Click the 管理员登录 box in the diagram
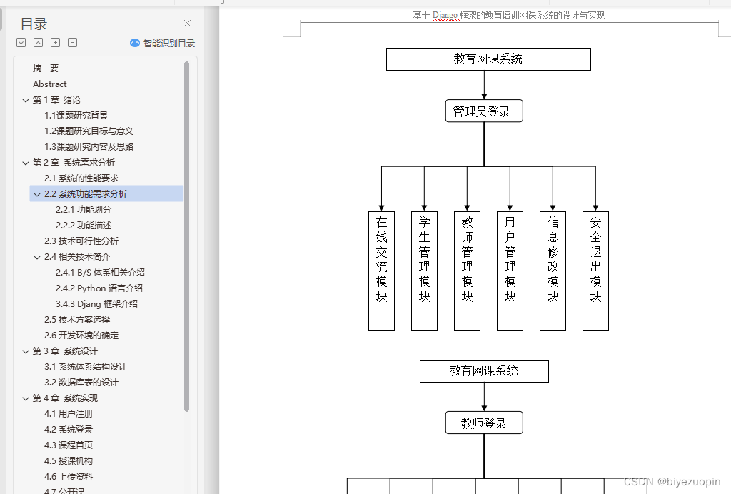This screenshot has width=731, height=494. [x=484, y=111]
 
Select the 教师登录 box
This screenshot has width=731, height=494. [x=484, y=423]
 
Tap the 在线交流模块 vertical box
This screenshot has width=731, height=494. [x=381, y=271]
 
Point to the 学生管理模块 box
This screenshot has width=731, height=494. [x=424, y=271]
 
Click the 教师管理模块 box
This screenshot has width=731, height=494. [x=467, y=271]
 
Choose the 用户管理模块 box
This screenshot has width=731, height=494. [x=510, y=271]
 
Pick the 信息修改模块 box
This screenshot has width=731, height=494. [x=553, y=271]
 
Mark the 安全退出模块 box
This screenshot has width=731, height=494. [x=595, y=271]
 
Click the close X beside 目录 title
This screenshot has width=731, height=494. [x=188, y=24]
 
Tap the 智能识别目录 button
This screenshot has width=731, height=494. [x=163, y=43]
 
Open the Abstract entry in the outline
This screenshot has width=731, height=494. [x=50, y=84]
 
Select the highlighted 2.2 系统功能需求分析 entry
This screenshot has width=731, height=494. [x=86, y=193]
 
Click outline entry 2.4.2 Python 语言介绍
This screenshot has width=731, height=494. [x=99, y=288]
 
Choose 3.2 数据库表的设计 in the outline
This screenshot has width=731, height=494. [x=81, y=382]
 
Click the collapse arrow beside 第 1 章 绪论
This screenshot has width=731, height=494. [x=26, y=100]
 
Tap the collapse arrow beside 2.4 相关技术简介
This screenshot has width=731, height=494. [x=37, y=257]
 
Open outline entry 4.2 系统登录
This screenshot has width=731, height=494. [x=69, y=429]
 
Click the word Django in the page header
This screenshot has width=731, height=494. [x=445, y=15]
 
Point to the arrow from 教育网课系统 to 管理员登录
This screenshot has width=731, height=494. [x=484, y=84]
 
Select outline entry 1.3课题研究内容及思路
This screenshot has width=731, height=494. [x=89, y=146]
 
